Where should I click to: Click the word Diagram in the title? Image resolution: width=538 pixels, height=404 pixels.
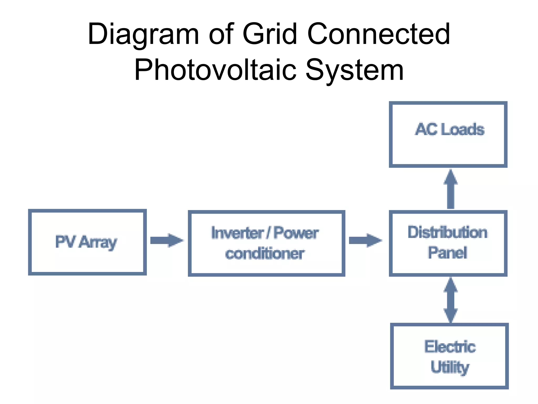click(x=143, y=34)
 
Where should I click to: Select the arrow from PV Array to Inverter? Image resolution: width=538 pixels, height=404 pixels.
click(x=167, y=240)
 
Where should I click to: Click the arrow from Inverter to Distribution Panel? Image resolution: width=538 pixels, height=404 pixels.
click(x=365, y=240)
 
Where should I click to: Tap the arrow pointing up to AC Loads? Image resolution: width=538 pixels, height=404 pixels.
click(x=451, y=189)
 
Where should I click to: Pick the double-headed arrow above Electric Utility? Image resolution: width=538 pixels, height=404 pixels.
click(x=451, y=300)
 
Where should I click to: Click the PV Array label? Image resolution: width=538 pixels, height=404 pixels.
click(x=86, y=242)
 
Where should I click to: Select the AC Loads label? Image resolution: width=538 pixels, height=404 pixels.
click(x=450, y=129)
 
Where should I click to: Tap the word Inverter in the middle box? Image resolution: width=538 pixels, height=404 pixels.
click(x=237, y=233)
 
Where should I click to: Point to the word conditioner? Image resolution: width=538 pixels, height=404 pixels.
click(x=265, y=254)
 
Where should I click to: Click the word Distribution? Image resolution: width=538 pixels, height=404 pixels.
click(x=448, y=233)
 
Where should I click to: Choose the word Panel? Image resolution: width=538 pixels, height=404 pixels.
click(x=447, y=253)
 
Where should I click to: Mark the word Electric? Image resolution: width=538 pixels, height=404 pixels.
click(x=450, y=347)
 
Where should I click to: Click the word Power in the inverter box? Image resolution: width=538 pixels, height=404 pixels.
click(x=296, y=233)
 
